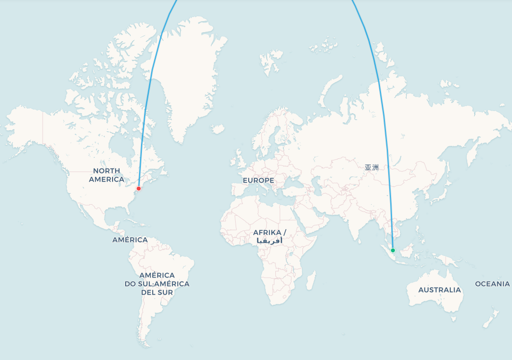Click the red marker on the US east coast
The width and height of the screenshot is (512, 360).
click(x=139, y=189)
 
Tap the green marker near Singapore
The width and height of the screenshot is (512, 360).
click(x=393, y=250)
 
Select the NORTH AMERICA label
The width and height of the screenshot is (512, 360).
click(x=107, y=175)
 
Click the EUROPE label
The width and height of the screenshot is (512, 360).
click(x=258, y=180)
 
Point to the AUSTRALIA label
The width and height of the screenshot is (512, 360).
click(x=439, y=290)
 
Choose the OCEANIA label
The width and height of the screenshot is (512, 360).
click(x=492, y=284)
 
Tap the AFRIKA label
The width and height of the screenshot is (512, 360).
click(x=269, y=232)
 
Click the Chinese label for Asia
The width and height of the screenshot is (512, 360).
click(x=372, y=167)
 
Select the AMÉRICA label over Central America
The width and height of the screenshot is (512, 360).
click(x=130, y=240)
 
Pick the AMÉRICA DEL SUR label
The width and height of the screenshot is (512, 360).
click(x=157, y=284)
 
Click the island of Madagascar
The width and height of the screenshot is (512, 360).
click(x=311, y=280)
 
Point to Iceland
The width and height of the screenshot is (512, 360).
click(x=218, y=129)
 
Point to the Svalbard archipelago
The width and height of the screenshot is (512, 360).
click(x=271, y=60)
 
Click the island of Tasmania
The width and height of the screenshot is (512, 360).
click(x=454, y=318)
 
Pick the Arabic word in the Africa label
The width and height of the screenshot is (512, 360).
click(x=269, y=241)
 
